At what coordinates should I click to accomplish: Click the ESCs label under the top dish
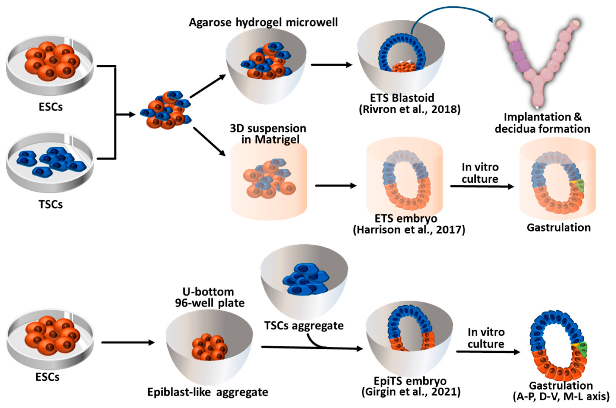50,107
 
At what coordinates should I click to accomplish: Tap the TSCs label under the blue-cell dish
50,205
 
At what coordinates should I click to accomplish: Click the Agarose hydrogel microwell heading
263,22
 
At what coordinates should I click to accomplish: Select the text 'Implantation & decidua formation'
542,123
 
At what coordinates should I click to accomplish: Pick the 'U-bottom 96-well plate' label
209,297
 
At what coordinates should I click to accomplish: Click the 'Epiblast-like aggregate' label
208,392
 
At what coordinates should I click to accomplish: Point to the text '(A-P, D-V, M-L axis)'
561,397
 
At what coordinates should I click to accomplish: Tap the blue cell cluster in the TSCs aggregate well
304,282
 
